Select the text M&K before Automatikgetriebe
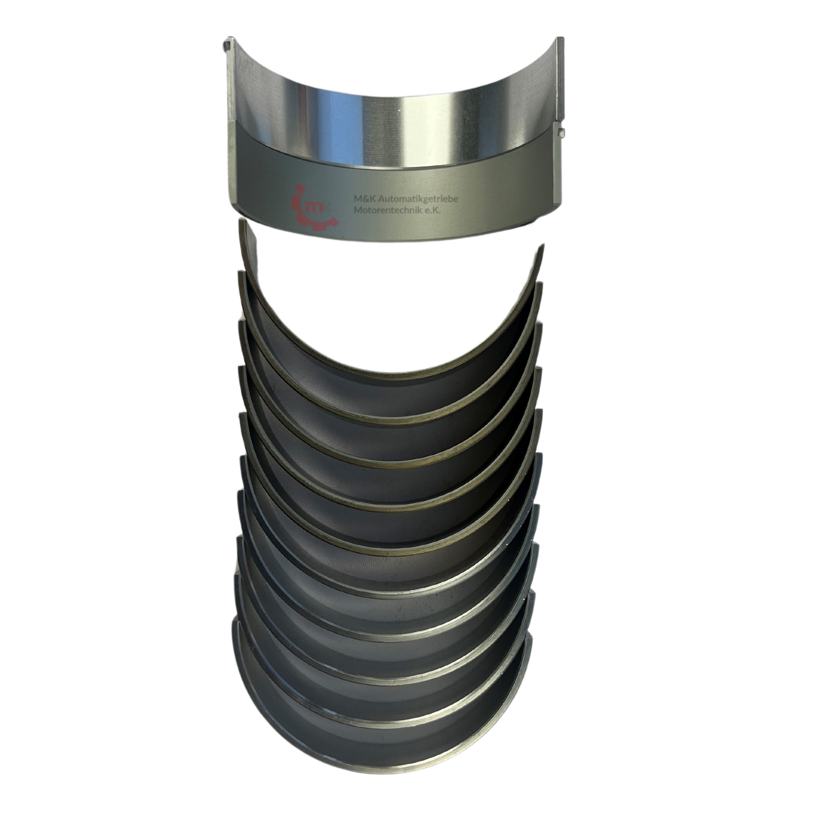pos(364,199)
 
